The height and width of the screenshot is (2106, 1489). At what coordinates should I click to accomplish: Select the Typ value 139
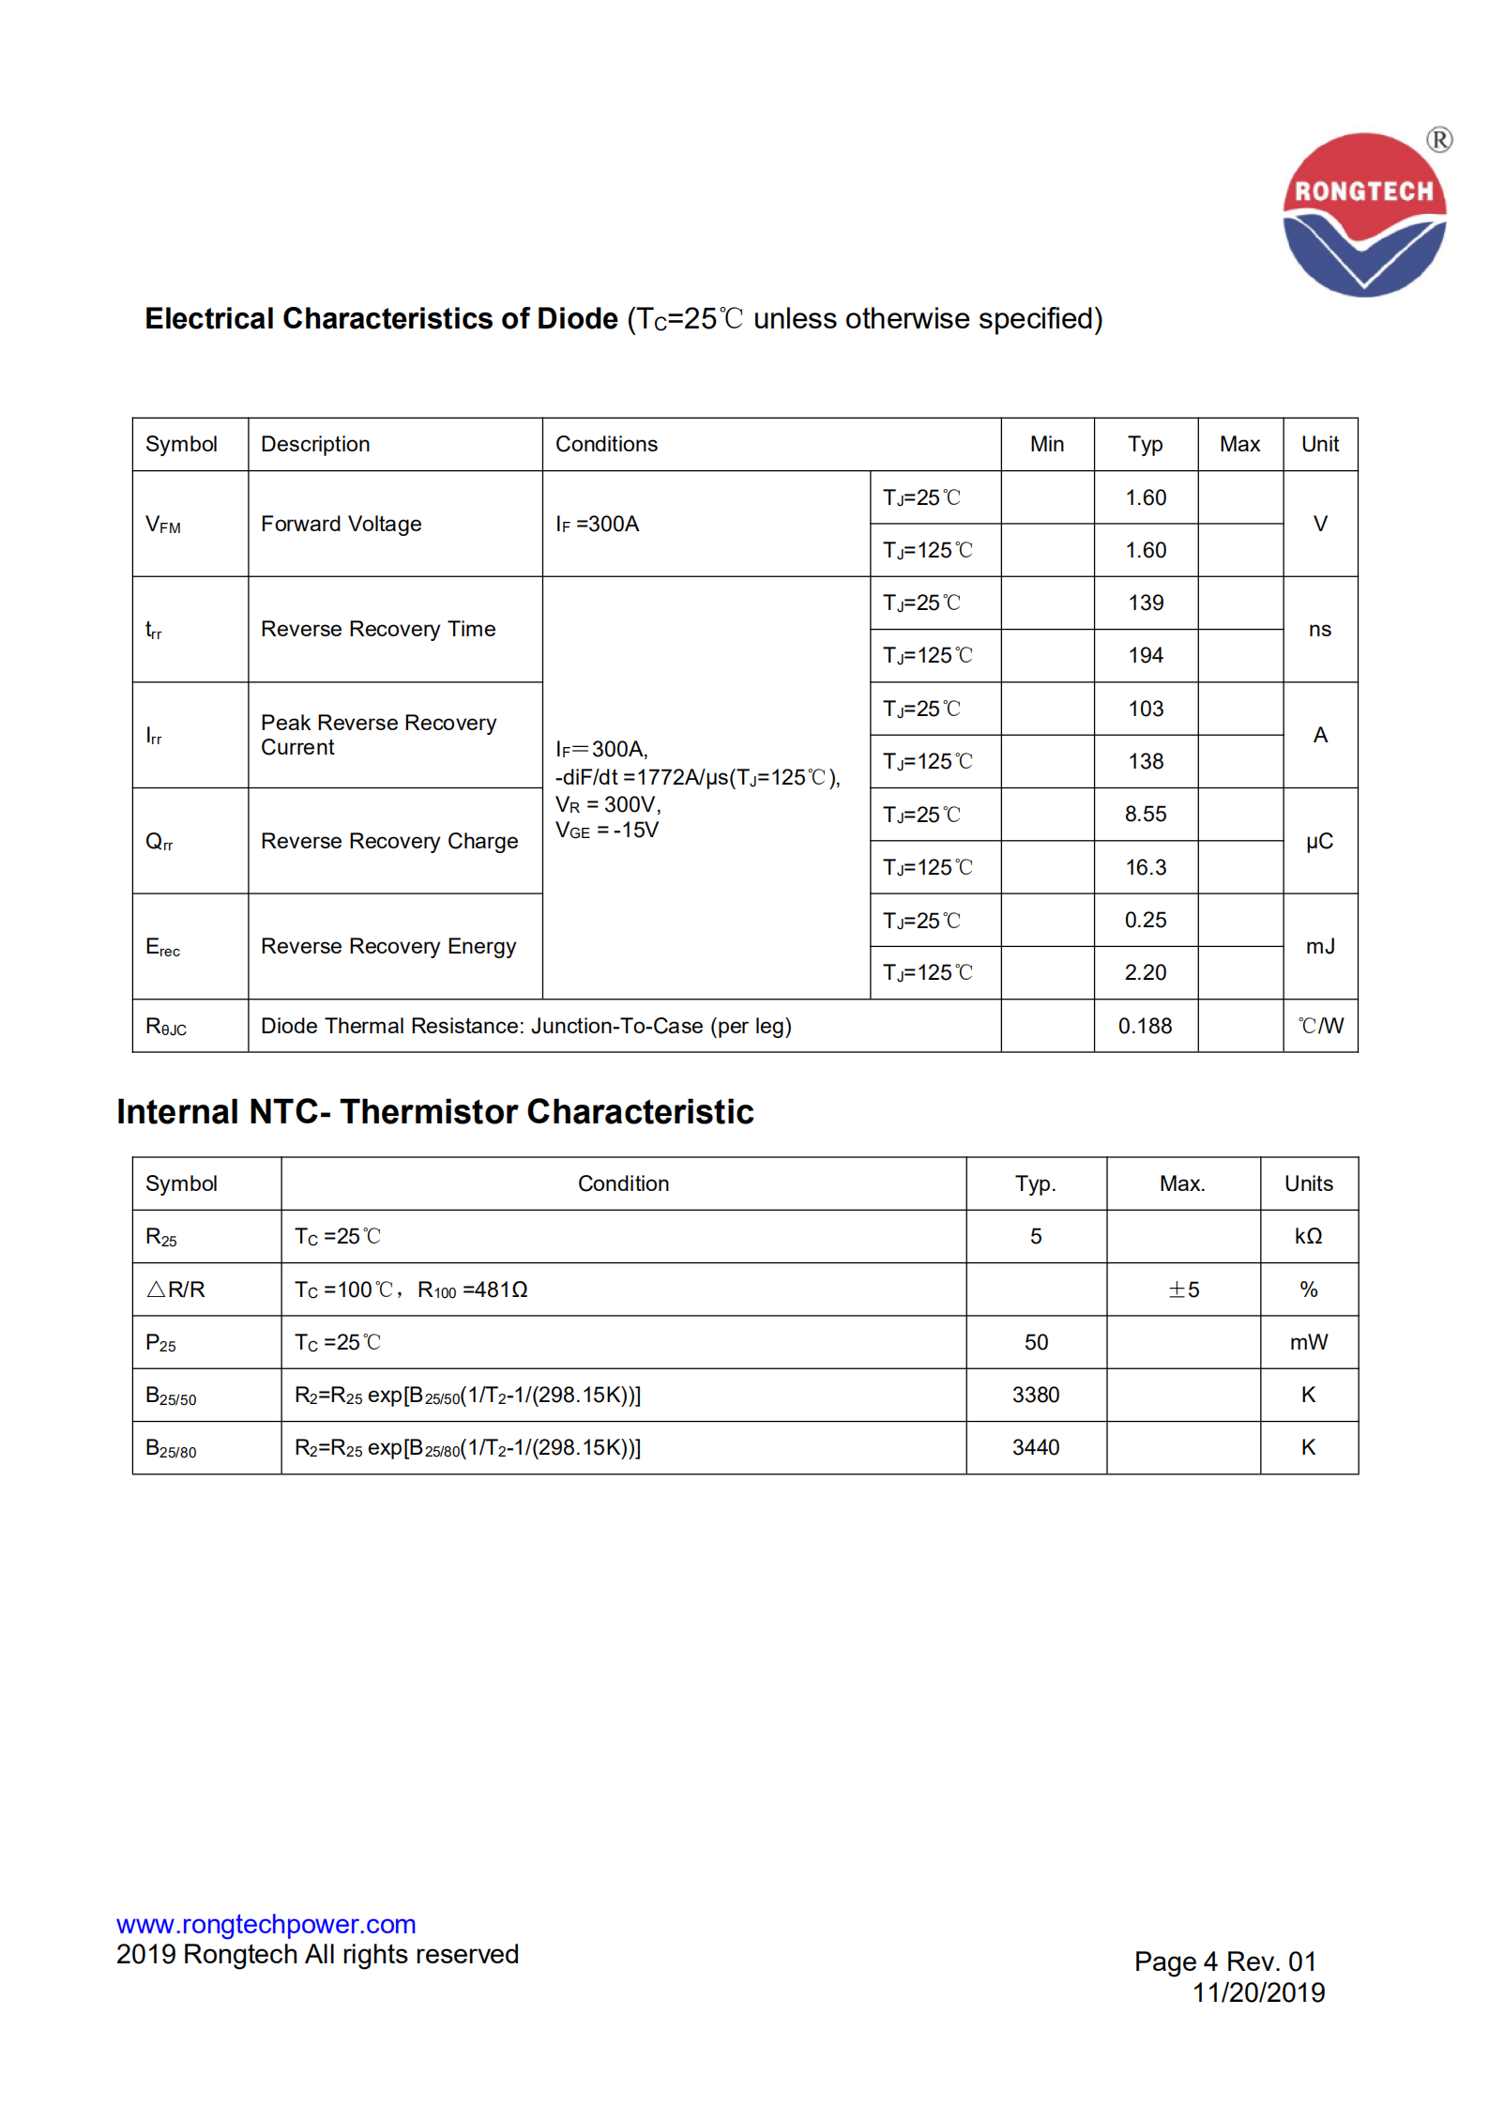(x=1145, y=603)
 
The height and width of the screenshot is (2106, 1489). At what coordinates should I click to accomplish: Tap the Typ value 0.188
(x=1145, y=1026)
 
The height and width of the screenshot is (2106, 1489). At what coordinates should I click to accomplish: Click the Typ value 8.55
(x=1145, y=814)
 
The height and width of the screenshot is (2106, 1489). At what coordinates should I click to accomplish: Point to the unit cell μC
(x=1319, y=841)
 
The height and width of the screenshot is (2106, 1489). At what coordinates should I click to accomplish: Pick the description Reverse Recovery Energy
(x=388, y=946)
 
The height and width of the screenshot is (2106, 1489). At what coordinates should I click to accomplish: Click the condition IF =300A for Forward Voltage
(x=597, y=524)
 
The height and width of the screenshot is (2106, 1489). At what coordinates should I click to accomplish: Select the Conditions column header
(x=606, y=444)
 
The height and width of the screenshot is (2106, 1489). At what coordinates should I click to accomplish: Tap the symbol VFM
(x=163, y=525)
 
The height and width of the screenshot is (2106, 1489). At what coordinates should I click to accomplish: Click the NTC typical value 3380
(x=1035, y=1395)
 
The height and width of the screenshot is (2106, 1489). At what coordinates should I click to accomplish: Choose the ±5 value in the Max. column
(x=1183, y=1290)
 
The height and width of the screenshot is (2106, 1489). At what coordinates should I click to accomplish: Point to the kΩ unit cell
(x=1308, y=1236)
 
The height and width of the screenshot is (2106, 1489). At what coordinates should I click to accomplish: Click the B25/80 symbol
(x=171, y=1448)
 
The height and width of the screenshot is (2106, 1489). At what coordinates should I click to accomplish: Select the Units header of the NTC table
(x=1308, y=1183)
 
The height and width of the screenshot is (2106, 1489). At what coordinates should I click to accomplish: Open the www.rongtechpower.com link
(x=266, y=1924)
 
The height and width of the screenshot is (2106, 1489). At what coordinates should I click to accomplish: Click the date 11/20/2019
(x=1257, y=1992)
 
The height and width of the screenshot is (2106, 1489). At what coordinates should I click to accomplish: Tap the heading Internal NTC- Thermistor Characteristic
(x=434, y=1111)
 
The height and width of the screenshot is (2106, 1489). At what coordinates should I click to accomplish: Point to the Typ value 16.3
(x=1145, y=867)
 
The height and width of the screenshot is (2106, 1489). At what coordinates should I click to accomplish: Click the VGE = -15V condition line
(x=607, y=831)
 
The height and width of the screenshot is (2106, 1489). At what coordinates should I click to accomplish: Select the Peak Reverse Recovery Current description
(x=378, y=735)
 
